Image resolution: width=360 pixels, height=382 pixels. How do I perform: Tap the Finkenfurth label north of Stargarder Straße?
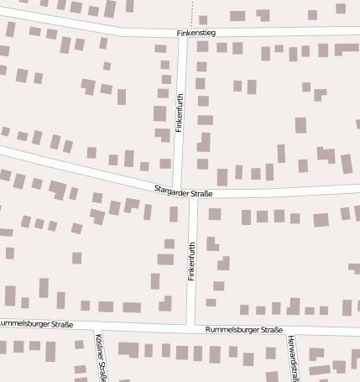[x=180, y=113]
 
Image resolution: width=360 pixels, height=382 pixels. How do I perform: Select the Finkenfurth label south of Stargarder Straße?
[x=191, y=260]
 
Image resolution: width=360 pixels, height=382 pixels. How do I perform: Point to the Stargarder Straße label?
[x=183, y=193]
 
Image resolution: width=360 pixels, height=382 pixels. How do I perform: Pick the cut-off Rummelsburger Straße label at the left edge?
[x=36, y=323]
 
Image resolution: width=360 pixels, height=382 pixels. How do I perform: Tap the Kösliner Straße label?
[x=102, y=357]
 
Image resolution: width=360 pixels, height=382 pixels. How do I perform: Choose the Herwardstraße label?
[x=291, y=357]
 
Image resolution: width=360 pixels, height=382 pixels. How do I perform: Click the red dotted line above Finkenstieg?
[x=192, y=13]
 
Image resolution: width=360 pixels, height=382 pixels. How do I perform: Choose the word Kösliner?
[x=99, y=346]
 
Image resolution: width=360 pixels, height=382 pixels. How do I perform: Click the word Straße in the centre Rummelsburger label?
[x=269, y=331]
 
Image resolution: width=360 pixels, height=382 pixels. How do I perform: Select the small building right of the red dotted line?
[x=203, y=18]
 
